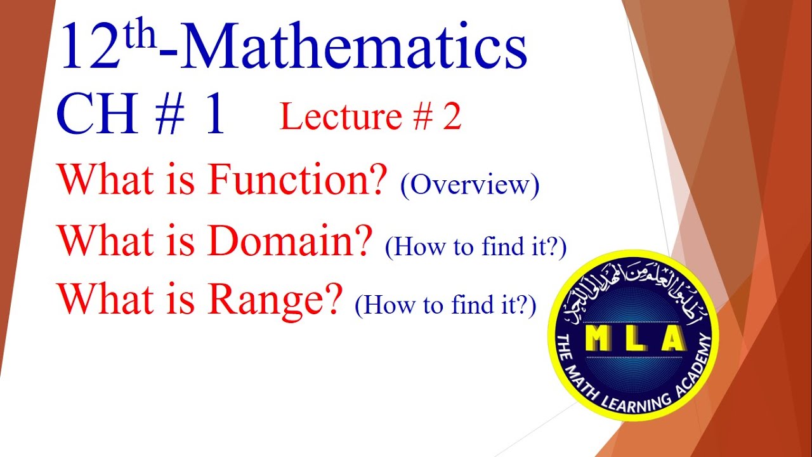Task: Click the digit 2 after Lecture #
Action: pyautogui.click(x=452, y=117)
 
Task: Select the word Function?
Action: pyautogui.click(x=298, y=180)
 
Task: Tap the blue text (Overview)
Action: pyautogui.click(x=469, y=185)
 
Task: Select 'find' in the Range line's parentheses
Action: pyautogui.click(x=470, y=306)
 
